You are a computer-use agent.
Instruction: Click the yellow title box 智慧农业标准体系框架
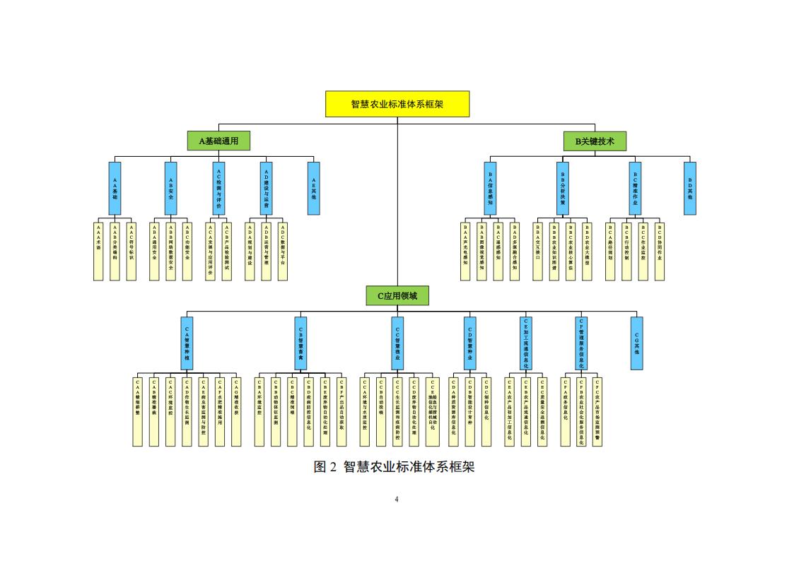tap(397, 104)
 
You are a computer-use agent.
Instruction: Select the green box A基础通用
tap(218, 141)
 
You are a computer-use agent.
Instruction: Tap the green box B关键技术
tap(595, 141)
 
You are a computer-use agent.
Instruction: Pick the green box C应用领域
tap(397, 295)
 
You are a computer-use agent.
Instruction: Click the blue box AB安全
tap(170, 188)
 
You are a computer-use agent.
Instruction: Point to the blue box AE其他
tap(313, 188)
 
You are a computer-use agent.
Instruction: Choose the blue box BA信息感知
tap(490, 188)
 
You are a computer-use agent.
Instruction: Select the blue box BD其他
tap(689, 188)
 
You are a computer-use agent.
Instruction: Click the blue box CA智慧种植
tap(187, 343)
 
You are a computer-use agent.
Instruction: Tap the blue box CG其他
tap(636, 343)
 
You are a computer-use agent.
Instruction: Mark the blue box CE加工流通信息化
tap(525, 343)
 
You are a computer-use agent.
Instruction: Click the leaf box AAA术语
tap(98, 252)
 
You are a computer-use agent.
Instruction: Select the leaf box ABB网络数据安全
tap(170, 252)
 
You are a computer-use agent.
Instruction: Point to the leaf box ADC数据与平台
tap(282, 252)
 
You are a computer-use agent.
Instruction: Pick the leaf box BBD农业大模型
tap(587, 252)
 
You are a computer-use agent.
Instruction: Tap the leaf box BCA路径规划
tap(610, 252)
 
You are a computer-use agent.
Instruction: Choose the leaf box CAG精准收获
tap(236, 411)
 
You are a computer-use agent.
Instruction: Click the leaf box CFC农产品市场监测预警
tap(597, 411)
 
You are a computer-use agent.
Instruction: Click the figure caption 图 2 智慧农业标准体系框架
tap(394, 467)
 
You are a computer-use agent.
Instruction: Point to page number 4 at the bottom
tap(397, 500)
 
